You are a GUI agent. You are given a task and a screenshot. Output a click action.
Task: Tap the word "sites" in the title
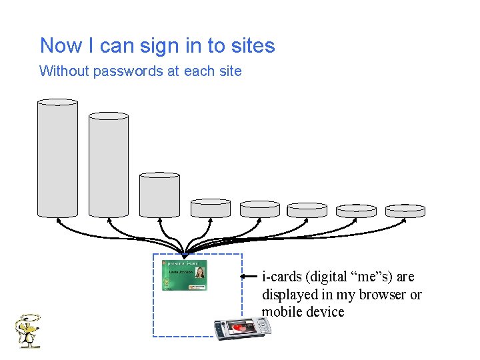(253, 46)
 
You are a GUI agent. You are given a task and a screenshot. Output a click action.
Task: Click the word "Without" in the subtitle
(64, 71)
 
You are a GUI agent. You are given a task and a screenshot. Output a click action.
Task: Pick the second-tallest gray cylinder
(108, 165)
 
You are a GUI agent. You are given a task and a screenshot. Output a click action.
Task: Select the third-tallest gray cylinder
(159, 195)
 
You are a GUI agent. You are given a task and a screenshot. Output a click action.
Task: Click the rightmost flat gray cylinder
(405, 211)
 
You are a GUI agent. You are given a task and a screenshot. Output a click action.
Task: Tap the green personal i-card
(184, 275)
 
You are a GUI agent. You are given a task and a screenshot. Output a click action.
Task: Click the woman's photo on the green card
(199, 273)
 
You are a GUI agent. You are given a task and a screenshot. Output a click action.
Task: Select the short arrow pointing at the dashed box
(249, 275)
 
